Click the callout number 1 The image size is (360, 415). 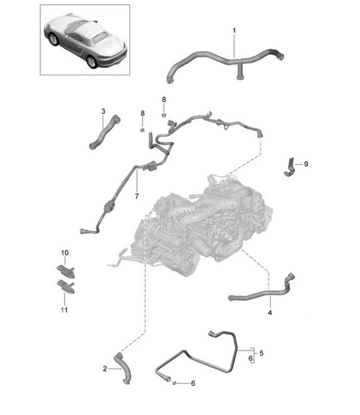tap(233, 30)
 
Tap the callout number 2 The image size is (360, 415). tap(104, 369)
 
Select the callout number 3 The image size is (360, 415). tap(103, 111)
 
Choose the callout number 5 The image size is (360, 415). tap(261, 353)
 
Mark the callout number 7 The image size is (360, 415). tap(137, 196)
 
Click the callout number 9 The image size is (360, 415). tap(305, 164)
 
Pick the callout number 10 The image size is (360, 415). tap(65, 253)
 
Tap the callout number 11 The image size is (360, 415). tap(65, 309)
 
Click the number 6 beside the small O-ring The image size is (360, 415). tap(193, 383)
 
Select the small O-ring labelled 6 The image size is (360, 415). tap(174, 382)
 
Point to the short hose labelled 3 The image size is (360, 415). tap(106, 132)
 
